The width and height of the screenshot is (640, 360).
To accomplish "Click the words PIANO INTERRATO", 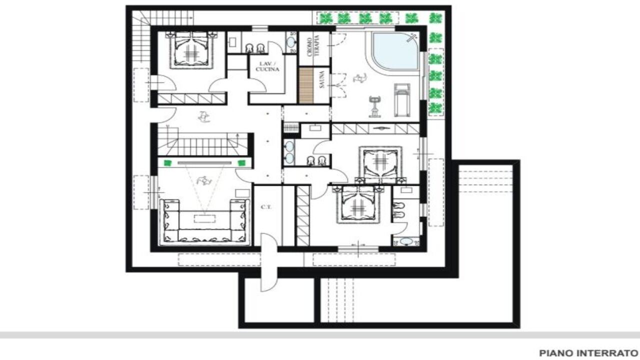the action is click(x=589, y=353).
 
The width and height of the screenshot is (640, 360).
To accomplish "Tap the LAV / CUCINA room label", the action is click(x=267, y=66).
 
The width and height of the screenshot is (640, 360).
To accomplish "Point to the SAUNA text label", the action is click(x=322, y=79).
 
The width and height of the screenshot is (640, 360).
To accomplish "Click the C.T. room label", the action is click(x=266, y=207).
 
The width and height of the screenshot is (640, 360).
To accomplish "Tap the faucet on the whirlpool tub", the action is click(x=411, y=37).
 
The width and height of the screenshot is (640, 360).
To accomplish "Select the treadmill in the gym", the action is click(x=402, y=100).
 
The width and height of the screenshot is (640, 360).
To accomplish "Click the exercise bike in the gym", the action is click(x=375, y=106).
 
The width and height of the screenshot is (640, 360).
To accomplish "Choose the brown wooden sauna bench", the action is click(x=306, y=85).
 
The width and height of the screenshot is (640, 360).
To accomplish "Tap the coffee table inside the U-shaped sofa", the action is click(x=204, y=219).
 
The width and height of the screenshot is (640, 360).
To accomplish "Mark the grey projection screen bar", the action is click(x=204, y=163).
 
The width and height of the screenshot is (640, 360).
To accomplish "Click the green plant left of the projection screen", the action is click(x=167, y=163).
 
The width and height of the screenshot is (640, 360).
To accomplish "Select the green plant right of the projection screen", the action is click(x=241, y=163).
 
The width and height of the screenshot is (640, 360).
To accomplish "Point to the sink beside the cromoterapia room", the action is click(x=291, y=42).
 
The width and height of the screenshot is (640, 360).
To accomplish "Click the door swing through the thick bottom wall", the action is click(x=269, y=262).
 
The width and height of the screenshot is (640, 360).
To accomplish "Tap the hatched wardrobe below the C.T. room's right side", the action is click(x=303, y=216).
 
